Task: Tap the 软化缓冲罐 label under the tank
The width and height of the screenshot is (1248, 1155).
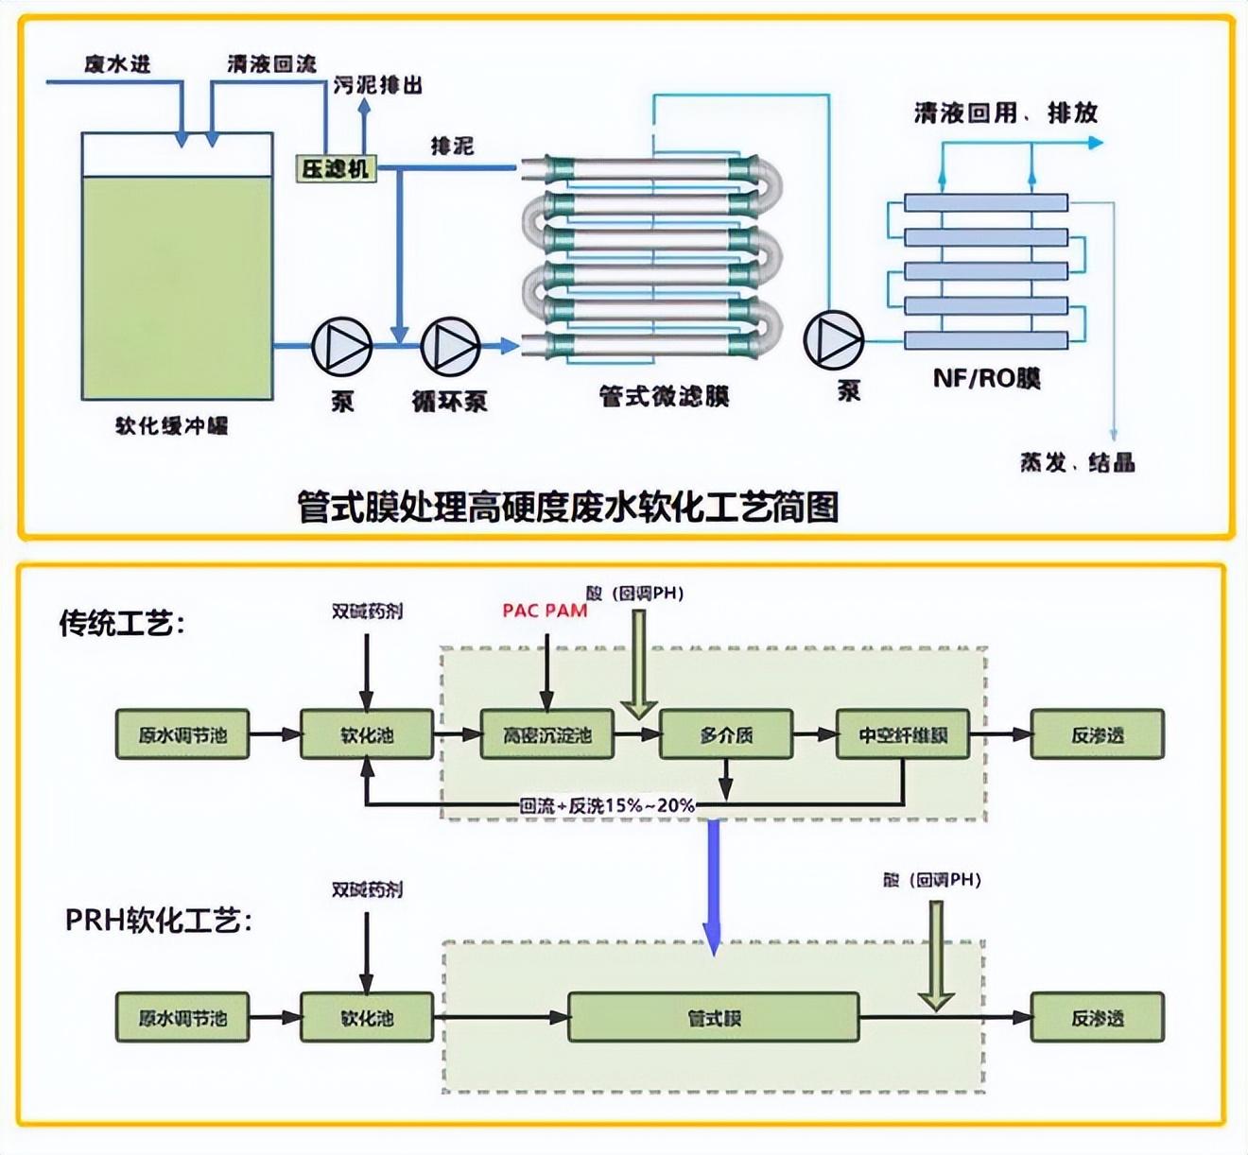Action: [x=172, y=426]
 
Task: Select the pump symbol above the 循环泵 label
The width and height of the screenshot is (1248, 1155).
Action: [x=450, y=346]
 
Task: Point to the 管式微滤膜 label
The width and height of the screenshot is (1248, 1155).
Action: [x=664, y=396]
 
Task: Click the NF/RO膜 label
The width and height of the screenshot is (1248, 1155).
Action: [x=986, y=379]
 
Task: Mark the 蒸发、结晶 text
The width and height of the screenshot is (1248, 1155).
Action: [x=1077, y=463]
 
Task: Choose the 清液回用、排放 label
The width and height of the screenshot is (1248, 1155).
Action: [x=1005, y=113]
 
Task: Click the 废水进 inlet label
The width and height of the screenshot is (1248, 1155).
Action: [x=117, y=64]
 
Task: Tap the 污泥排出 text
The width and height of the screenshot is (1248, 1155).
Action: [x=377, y=85]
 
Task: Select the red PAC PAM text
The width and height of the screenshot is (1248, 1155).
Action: [x=545, y=611]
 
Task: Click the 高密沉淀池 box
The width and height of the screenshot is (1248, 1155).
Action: [x=546, y=734]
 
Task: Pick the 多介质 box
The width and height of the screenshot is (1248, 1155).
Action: [x=725, y=734]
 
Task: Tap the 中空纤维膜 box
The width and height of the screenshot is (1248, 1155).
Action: [x=903, y=734]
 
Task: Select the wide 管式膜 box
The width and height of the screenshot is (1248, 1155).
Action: [x=713, y=1017]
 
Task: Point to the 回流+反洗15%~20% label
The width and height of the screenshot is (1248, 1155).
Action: [x=607, y=805]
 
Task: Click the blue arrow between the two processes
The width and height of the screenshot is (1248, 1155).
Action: [x=713, y=884]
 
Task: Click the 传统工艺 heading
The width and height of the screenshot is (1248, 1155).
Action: [x=122, y=624]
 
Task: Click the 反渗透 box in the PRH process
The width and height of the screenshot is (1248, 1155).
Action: [x=1097, y=1017]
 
